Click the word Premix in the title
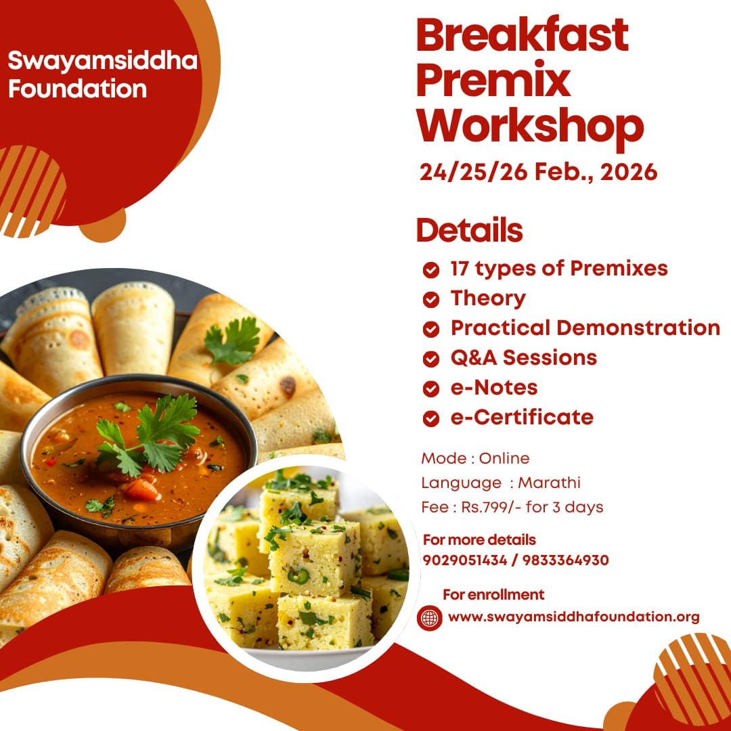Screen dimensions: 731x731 point(493,81)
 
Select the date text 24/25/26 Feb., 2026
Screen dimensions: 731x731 point(538,172)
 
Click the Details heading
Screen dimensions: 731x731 point(469,230)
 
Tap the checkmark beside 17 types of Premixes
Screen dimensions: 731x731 point(430,270)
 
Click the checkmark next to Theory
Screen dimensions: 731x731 point(430,299)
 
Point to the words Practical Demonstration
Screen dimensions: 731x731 point(585,328)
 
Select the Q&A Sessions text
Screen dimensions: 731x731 point(523,357)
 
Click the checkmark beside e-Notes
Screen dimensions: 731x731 point(430,389)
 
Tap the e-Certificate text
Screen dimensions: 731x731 point(521,417)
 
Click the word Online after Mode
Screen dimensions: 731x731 point(504,458)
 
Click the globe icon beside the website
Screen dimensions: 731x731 point(430,617)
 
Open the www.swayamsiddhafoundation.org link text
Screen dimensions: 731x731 point(573,617)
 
